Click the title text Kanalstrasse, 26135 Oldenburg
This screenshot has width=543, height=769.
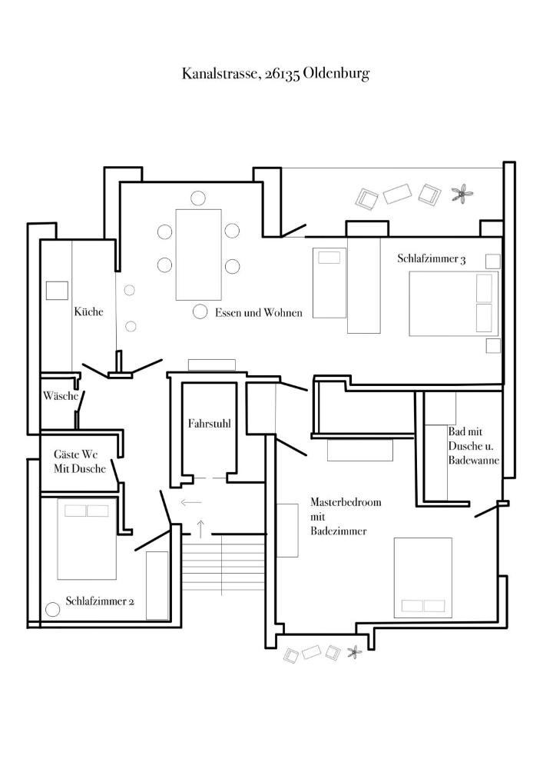click(276, 74)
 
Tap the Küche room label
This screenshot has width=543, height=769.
click(88, 311)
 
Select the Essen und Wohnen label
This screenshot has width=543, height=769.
click(259, 312)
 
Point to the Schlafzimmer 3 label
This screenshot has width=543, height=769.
click(432, 258)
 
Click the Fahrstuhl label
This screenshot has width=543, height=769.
click(209, 424)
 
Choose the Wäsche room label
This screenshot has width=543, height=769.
click(61, 395)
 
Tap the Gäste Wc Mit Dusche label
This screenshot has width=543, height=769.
click(80, 461)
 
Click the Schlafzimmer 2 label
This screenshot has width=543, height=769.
click(100, 601)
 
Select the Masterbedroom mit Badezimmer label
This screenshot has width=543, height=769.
click(346, 517)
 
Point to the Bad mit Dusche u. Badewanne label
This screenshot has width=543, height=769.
click(473, 446)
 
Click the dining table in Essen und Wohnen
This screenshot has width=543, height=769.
click(198, 255)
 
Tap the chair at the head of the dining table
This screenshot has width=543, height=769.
click(198, 198)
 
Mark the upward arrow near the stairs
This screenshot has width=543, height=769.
click(200, 528)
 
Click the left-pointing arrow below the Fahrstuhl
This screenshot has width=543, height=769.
click(191, 502)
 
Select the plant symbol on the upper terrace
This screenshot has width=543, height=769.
click(462, 194)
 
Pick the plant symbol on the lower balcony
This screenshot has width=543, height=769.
click(354, 652)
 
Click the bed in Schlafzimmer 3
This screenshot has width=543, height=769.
click(453, 304)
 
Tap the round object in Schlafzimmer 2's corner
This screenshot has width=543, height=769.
click(52, 609)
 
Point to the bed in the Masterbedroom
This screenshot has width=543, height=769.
click(423, 578)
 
